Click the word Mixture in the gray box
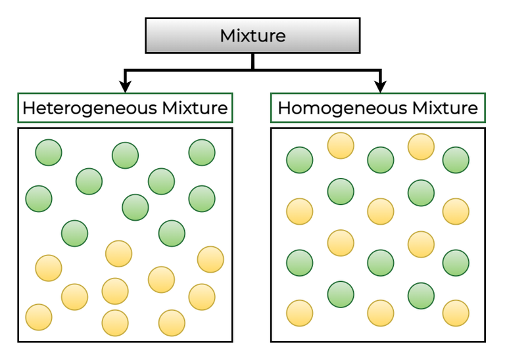[x=252, y=35]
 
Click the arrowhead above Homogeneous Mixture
[x=380, y=85]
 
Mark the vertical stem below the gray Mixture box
[x=252, y=60]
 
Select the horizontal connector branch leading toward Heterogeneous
[x=187, y=70]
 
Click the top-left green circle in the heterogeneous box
[x=49, y=152]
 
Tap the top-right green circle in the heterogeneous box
[x=202, y=152]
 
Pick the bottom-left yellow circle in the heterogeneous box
[x=39, y=317]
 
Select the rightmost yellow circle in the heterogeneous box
[x=210, y=259]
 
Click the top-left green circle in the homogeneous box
[x=300, y=160]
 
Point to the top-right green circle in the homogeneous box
[x=456, y=160]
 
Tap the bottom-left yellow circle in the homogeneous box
[x=300, y=313]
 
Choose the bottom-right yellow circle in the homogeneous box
[x=456, y=313]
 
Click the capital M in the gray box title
[x=228, y=35]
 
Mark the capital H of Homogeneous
[x=284, y=108]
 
